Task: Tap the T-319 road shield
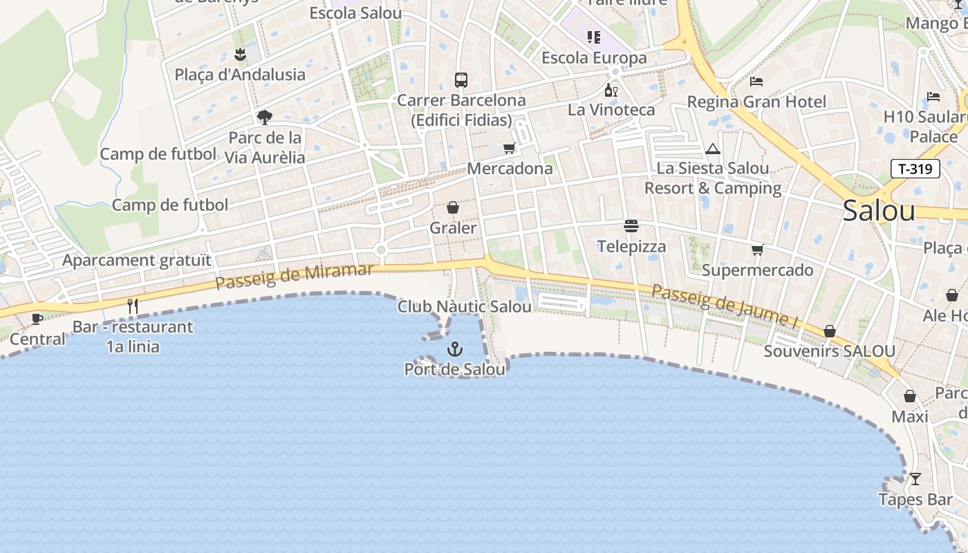pos(915,169)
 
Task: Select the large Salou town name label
pos(879,211)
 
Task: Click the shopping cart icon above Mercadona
pos(510,147)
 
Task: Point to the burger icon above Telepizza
pos(631,226)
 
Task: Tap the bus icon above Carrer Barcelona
pos(461,79)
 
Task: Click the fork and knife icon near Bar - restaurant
pos(133,306)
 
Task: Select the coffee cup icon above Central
pos(37,319)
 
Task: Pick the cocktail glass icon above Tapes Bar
pos(915,478)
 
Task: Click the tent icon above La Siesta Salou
pos(713,149)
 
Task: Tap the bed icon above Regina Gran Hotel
pos(756,82)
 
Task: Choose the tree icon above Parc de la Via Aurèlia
pos(264,117)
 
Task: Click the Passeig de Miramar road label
pos(294,276)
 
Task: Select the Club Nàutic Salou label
pos(465,306)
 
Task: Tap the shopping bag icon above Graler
pos(453,207)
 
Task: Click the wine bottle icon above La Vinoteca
pos(611,90)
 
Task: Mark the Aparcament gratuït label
pos(137,261)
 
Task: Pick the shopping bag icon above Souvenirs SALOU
pos(830,332)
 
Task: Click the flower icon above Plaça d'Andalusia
pos(240,54)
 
